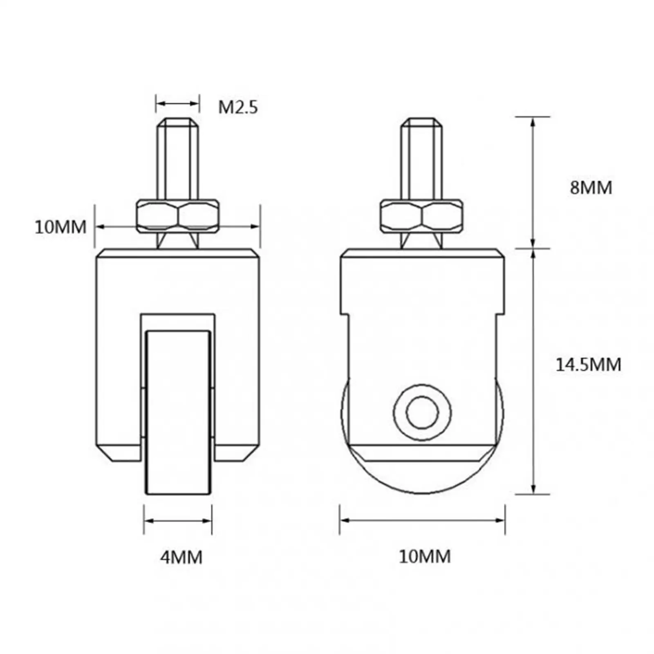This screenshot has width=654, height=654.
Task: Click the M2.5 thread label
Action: (x=238, y=108)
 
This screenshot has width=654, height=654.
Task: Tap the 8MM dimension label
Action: (x=591, y=188)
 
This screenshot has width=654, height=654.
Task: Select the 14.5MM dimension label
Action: (x=588, y=364)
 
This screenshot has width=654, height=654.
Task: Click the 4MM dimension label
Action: (x=181, y=557)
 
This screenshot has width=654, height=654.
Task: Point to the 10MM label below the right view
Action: (x=425, y=556)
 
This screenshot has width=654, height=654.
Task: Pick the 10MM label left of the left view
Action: (x=60, y=227)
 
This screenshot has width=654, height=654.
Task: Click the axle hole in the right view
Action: (x=422, y=412)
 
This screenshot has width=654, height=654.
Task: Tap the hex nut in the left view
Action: (x=177, y=215)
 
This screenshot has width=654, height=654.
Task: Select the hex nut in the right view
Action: (x=421, y=215)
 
